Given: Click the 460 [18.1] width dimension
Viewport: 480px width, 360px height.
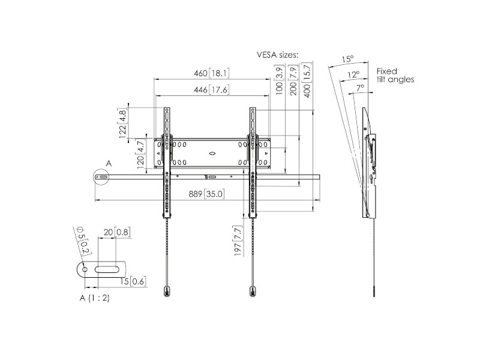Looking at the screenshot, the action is click(212, 73).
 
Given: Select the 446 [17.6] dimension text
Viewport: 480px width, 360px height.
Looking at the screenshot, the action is click(212, 89).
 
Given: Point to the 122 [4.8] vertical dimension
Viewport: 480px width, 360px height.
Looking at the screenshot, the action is click(122, 123).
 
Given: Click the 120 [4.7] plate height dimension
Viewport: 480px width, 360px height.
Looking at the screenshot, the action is click(140, 154).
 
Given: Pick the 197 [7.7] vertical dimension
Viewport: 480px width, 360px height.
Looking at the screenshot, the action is click(238, 241).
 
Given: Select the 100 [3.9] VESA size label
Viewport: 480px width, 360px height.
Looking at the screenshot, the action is click(280, 80).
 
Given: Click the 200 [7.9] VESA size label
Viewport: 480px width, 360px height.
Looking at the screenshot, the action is click(293, 80).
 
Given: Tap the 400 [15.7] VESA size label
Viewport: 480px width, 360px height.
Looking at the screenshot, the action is click(307, 80).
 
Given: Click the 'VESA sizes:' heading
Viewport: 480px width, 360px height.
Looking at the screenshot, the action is click(277, 55).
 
